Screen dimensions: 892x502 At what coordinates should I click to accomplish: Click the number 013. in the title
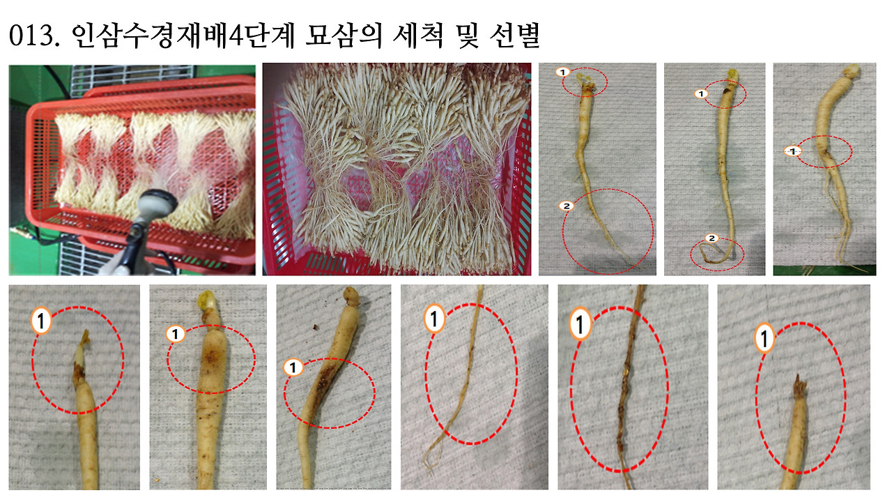coord(34,36)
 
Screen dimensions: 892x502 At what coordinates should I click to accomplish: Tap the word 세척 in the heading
coord(417,36)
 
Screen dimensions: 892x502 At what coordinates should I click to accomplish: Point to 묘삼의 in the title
coord(344,36)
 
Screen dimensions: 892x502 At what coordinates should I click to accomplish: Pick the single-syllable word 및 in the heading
coord(466,36)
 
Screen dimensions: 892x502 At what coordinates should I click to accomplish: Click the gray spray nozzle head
coord(153,203)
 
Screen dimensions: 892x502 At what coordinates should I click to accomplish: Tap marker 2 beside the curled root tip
coord(712,238)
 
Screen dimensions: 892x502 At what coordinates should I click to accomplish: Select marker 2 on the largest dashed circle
coord(567,206)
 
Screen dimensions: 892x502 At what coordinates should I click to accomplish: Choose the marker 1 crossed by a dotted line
coord(792,151)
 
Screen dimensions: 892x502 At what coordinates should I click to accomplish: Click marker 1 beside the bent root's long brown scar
coord(293,367)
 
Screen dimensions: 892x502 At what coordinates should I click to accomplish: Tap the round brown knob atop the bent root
coord(352,296)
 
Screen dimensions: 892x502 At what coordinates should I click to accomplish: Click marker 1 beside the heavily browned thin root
coord(580,324)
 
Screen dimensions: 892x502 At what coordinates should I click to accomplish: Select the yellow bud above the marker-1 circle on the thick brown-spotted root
coord(206,300)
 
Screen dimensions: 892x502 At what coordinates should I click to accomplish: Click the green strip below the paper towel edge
coord(824,271)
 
